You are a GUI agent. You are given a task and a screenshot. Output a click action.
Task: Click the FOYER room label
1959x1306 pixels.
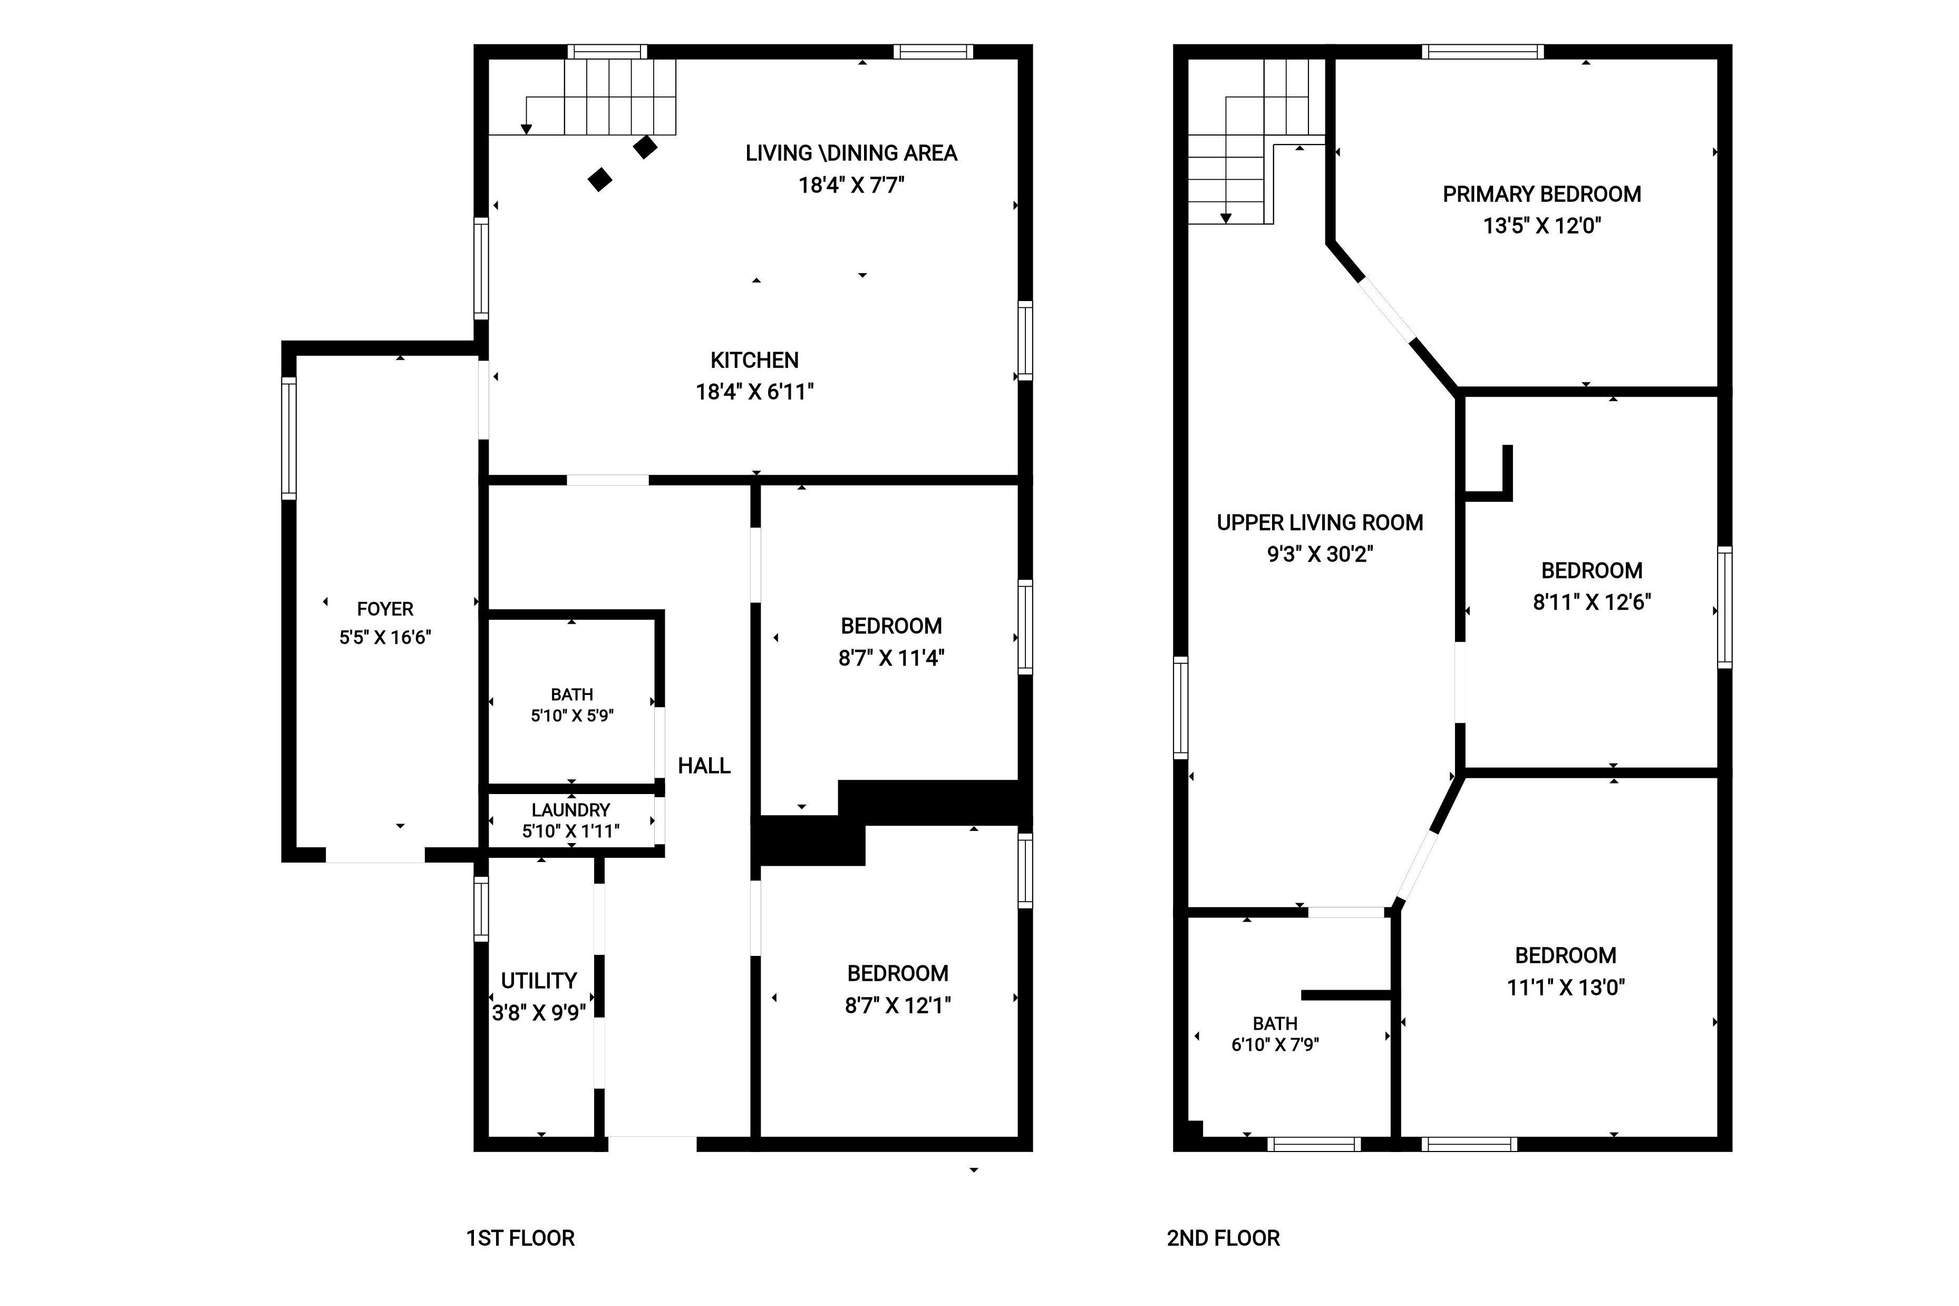click(x=385, y=609)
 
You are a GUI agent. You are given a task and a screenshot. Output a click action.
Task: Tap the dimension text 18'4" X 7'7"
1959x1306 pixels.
click(x=851, y=185)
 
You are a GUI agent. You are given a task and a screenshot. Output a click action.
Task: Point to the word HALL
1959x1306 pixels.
click(x=703, y=766)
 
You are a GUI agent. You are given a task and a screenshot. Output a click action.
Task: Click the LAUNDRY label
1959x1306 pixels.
click(x=570, y=809)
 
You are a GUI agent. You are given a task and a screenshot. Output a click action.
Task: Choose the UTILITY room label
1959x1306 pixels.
click(x=539, y=980)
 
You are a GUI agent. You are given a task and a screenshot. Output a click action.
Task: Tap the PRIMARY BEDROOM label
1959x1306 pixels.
click(x=1541, y=194)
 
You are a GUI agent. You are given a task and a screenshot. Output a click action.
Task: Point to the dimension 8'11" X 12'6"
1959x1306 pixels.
click(x=1592, y=602)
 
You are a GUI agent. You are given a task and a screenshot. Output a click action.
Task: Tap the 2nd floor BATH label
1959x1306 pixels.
click(x=1275, y=1023)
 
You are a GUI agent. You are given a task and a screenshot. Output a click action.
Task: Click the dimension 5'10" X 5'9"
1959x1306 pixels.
click(x=572, y=715)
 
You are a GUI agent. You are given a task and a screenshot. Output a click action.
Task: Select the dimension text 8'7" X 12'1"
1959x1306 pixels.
click(x=897, y=1005)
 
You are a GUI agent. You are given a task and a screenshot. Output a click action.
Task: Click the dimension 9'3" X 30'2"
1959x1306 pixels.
click(x=1320, y=554)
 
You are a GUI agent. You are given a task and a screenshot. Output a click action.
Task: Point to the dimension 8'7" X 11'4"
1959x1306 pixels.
click(x=891, y=658)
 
